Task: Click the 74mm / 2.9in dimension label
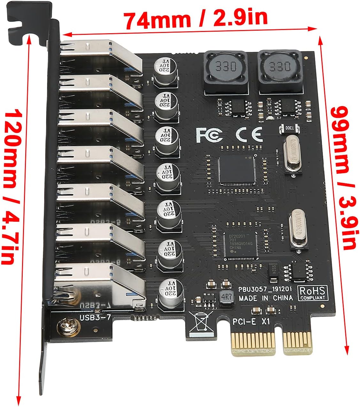(195, 19)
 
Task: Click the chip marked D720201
(240, 245)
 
